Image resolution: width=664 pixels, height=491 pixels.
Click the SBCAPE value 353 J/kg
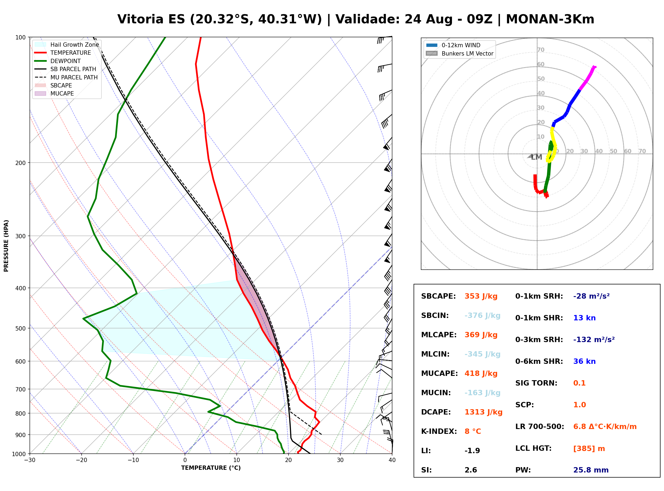click(481, 296)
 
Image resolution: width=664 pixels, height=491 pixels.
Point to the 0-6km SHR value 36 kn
click(584, 361)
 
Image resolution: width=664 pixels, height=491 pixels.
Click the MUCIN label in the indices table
click(436, 393)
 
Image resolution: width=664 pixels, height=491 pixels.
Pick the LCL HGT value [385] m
click(589, 449)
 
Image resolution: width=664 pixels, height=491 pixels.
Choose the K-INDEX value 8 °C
click(473, 431)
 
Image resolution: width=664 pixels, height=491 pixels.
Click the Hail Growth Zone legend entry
click(67, 45)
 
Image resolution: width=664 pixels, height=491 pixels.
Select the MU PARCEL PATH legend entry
click(66, 77)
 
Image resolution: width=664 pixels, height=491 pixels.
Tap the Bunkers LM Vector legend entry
click(459, 53)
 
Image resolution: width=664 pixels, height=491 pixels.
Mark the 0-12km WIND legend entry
click(453, 45)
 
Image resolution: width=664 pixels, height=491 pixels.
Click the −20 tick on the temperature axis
click(81, 460)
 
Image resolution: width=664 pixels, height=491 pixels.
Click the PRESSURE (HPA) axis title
click(6, 246)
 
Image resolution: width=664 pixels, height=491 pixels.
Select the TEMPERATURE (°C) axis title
click(211, 468)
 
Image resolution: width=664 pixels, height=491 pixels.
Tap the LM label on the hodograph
click(537, 157)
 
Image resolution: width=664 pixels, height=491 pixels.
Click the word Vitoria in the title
click(140, 19)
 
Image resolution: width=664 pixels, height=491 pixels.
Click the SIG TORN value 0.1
click(579, 383)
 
